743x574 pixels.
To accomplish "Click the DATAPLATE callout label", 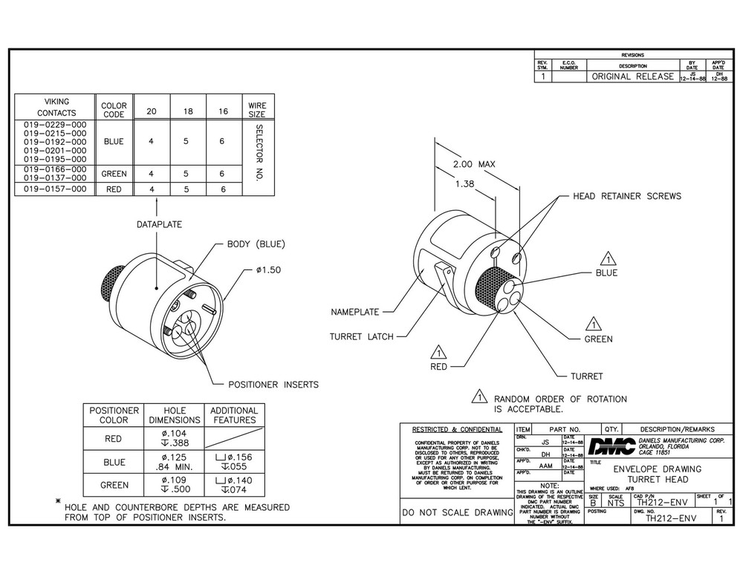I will [159, 224].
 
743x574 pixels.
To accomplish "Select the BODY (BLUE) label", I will [256, 244].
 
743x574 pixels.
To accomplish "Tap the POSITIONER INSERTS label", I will [273, 385].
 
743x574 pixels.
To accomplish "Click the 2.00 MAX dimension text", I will [474, 164].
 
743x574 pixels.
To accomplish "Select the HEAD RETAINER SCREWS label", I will [626, 196].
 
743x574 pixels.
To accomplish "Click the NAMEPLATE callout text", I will [355, 313].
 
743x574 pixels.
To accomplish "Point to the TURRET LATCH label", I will [357, 336].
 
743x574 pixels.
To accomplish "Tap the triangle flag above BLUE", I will [609, 259].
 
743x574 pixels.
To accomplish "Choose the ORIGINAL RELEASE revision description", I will [632, 76].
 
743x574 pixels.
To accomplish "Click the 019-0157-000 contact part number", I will [55, 189].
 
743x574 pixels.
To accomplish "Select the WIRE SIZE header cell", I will [257, 110].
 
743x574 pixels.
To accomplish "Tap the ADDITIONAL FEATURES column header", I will [234, 415].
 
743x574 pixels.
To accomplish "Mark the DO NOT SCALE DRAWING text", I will [456, 512].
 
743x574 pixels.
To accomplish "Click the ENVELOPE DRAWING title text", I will [657, 469].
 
